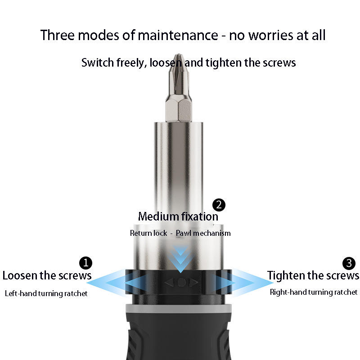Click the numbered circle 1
tap(85, 263)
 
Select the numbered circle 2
tap(218, 205)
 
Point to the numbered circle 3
tap(349, 263)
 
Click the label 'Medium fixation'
tap(178, 216)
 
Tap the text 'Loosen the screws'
tap(47, 275)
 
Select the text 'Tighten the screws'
tap(313, 275)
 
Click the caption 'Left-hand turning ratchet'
tap(46, 293)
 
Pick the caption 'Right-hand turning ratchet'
tap(314, 292)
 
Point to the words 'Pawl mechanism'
tap(203, 233)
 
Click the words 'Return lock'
tap(148, 233)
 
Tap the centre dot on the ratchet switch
tap(181, 283)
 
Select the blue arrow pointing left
tap(108, 283)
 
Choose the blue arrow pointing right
tap(252, 283)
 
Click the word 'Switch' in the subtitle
tap(96, 63)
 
